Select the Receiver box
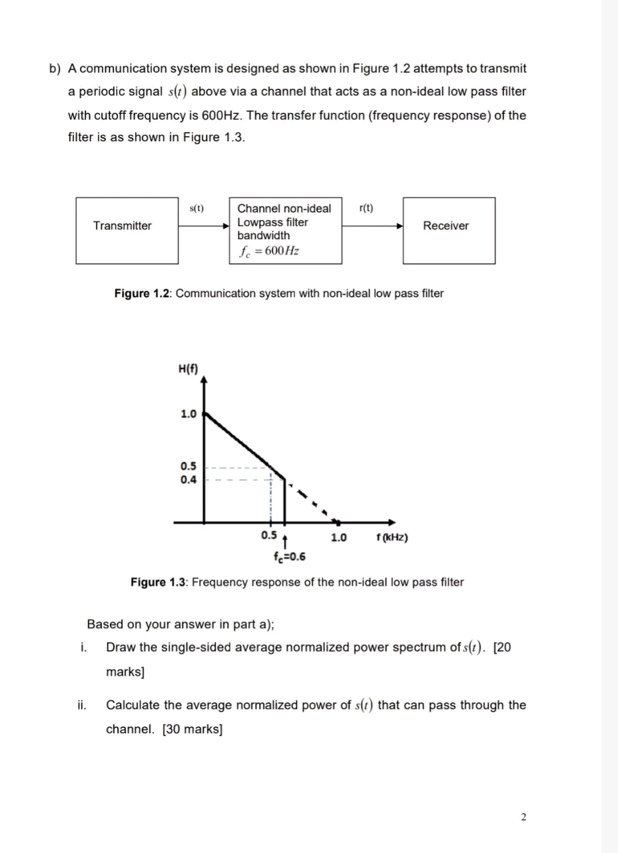[x=448, y=230]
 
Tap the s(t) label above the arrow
[x=196, y=209]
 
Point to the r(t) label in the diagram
[x=366, y=209]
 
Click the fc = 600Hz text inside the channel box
[x=268, y=251]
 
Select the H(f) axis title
[x=188, y=369]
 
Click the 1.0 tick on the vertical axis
[x=188, y=414]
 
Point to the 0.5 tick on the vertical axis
[x=188, y=466]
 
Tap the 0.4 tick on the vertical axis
[x=188, y=479]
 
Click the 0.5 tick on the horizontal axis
[x=269, y=536]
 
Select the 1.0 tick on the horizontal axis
[x=338, y=538]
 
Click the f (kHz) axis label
[x=392, y=538]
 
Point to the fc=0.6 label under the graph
[x=289, y=556]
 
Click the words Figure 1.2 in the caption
[x=143, y=293]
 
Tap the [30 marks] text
[x=192, y=729]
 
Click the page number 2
[x=523, y=817]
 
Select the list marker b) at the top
[x=55, y=69]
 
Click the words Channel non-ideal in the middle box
[x=284, y=209]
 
